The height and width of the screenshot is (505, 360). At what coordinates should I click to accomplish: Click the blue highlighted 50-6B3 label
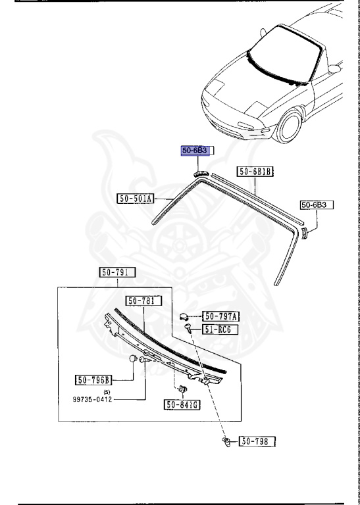click(x=195, y=151)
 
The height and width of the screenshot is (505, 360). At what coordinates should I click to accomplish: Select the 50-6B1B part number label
click(x=255, y=172)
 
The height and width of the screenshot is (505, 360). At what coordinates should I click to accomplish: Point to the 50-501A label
click(x=136, y=198)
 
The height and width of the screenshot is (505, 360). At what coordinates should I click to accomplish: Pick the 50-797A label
click(x=220, y=316)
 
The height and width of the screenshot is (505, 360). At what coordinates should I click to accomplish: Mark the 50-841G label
click(x=183, y=405)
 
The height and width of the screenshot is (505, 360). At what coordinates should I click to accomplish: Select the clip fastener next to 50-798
click(x=227, y=442)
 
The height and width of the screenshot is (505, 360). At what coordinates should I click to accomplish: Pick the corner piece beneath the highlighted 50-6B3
click(x=200, y=172)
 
